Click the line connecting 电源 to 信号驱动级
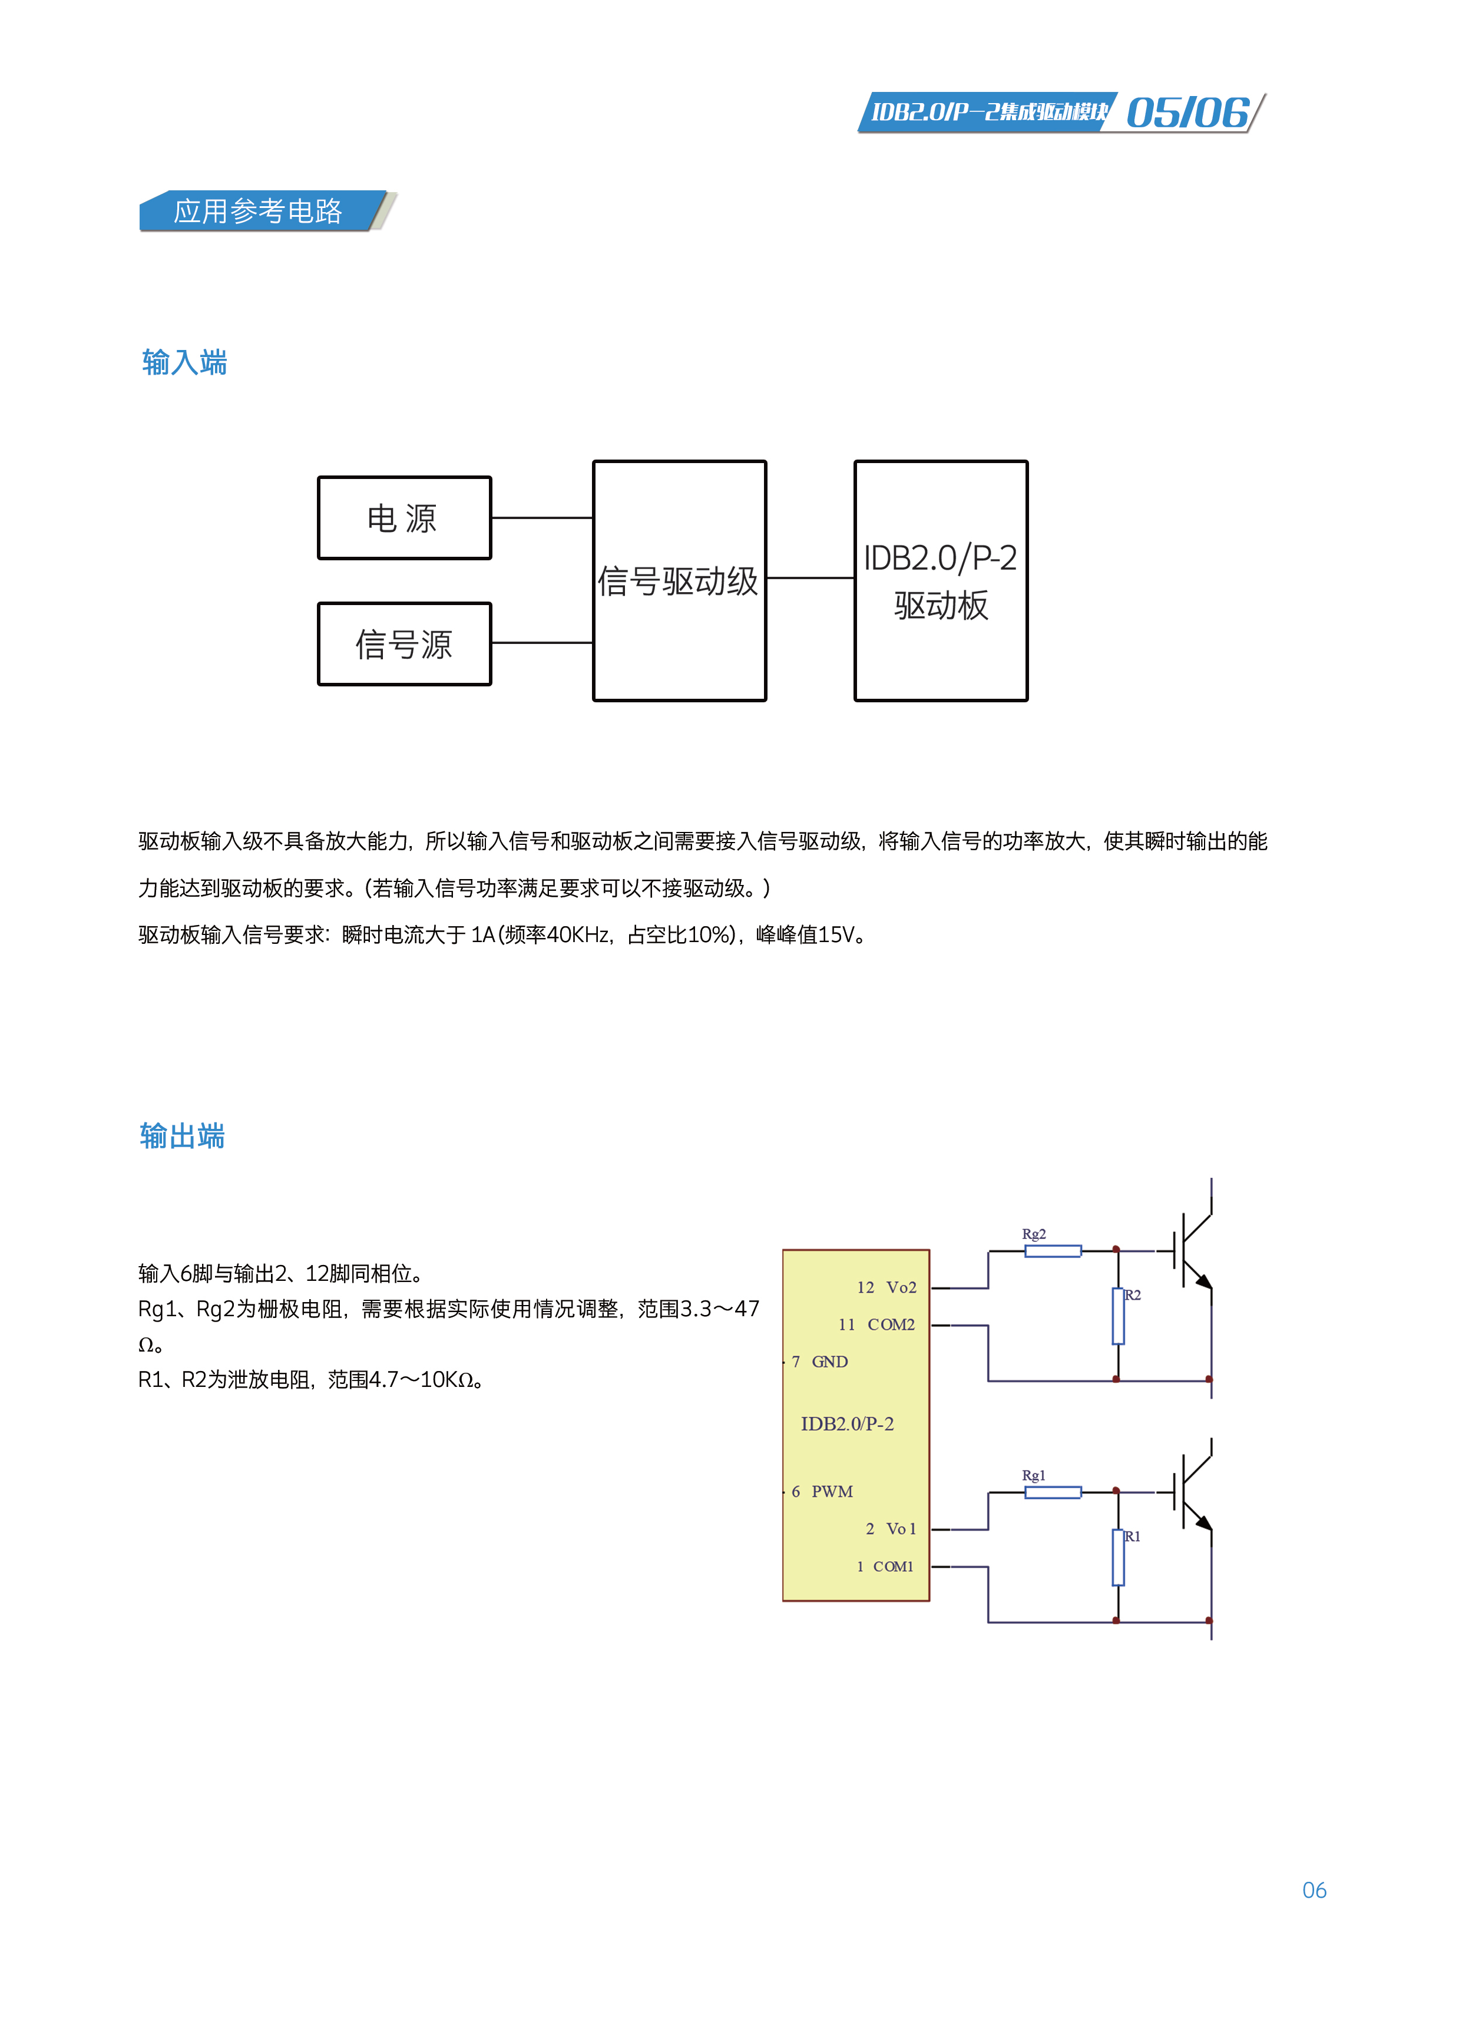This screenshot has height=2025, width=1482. tap(542, 518)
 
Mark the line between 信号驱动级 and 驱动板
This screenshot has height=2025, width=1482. tap(810, 578)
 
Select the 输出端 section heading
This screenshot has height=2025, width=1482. tap(182, 1136)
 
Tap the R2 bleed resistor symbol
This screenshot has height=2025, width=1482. tap(1118, 1316)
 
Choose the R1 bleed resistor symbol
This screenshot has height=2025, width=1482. tap(1118, 1558)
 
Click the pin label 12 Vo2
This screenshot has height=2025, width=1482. tap(886, 1287)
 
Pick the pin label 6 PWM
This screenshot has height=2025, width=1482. tap(822, 1491)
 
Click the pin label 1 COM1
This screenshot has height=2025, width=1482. tap(885, 1567)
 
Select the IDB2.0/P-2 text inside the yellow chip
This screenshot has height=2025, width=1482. tap(847, 1424)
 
